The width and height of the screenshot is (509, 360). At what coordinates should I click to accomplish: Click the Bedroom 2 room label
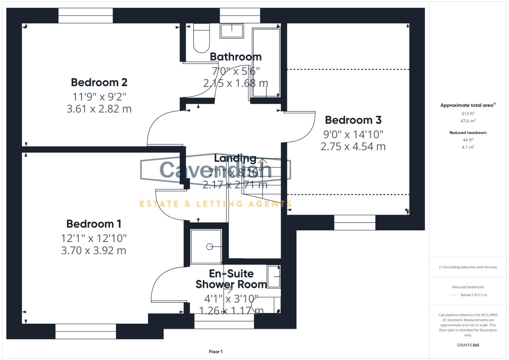click(x=99, y=82)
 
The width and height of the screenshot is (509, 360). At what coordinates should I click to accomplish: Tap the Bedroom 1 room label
click(x=94, y=224)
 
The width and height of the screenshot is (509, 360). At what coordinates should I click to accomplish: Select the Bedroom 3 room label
click(x=353, y=120)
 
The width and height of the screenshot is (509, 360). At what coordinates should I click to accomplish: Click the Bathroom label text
click(x=236, y=57)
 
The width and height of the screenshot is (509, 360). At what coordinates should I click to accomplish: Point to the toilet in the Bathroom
click(x=201, y=38)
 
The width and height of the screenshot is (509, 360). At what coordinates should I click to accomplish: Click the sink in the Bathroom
click(x=232, y=31)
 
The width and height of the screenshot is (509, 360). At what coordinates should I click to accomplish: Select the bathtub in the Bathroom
click(x=266, y=63)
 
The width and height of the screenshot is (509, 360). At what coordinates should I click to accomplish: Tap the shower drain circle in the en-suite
click(x=210, y=247)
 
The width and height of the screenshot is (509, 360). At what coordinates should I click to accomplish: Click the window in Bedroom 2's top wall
click(x=86, y=16)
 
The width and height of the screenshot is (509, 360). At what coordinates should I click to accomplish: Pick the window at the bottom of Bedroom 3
click(x=355, y=222)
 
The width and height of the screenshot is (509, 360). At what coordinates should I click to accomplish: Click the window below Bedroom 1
click(x=86, y=331)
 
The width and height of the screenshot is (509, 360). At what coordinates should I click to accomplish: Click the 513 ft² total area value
click(x=468, y=114)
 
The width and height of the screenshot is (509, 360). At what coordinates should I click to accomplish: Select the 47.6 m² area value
click(x=468, y=121)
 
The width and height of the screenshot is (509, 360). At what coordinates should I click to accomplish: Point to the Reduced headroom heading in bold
click(x=468, y=133)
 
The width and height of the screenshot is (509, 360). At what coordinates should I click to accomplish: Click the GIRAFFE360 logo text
click(x=468, y=345)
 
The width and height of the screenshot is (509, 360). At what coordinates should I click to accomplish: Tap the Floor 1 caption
click(x=216, y=352)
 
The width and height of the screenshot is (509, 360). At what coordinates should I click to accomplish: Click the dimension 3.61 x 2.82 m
click(x=99, y=109)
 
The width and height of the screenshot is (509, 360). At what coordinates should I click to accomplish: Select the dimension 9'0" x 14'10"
click(x=353, y=134)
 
